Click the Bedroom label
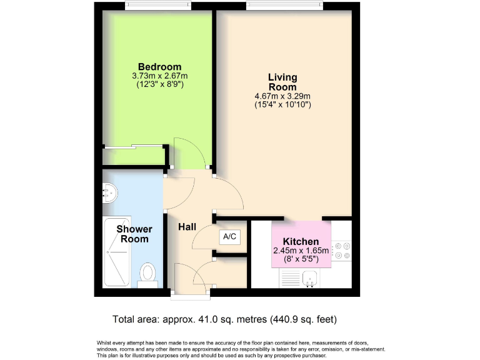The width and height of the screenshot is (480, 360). click(x=159, y=67)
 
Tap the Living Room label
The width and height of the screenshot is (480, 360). click(x=282, y=82)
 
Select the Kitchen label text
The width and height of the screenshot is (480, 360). click(x=301, y=242)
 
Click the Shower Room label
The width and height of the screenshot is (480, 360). click(x=134, y=234)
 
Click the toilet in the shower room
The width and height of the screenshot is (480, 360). click(x=148, y=272)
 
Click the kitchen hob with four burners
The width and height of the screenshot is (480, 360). click(x=341, y=250)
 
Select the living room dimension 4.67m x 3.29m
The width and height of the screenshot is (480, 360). click(x=282, y=96)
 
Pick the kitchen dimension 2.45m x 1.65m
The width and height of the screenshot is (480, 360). click(x=301, y=251)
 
